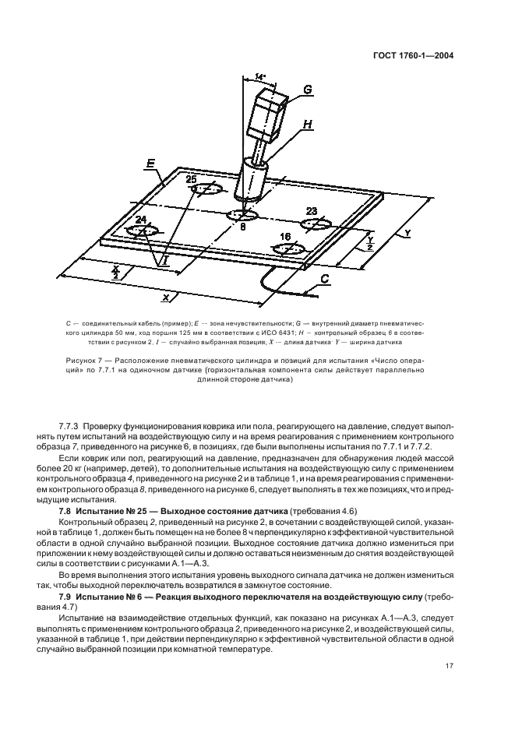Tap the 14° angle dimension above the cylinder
(260, 77)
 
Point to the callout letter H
(306, 125)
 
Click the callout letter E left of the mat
(151, 164)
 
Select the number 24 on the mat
(142, 220)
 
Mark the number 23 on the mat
(312, 211)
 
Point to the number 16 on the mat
(287, 236)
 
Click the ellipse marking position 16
(288, 248)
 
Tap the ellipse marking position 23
(319, 224)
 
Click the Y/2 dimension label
(371, 244)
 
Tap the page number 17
(450, 665)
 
